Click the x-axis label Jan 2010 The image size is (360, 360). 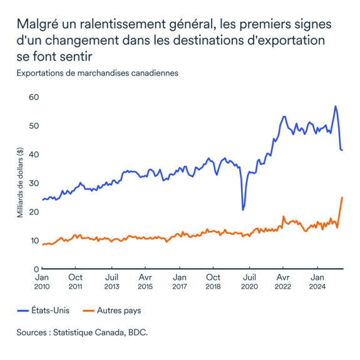[x=41, y=281]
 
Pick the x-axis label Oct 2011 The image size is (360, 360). [x=75, y=281]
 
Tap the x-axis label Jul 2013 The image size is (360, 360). [x=111, y=281]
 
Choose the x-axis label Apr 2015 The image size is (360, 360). [x=145, y=281]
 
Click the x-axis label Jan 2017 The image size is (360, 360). [x=180, y=281]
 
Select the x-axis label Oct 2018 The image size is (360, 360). [x=213, y=281]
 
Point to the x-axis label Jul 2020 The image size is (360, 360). [x=249, y=281]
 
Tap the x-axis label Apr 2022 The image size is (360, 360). [x=283, y=281]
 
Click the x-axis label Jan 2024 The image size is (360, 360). [x=317, y=281]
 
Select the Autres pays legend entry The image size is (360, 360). [x=108, y=309]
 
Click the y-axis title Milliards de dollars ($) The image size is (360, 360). [x=20, y=183]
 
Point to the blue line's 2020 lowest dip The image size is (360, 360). [x=243, y=209]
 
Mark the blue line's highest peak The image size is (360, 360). [x=336, y=106]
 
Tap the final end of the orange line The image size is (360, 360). [x=342, y=197]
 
